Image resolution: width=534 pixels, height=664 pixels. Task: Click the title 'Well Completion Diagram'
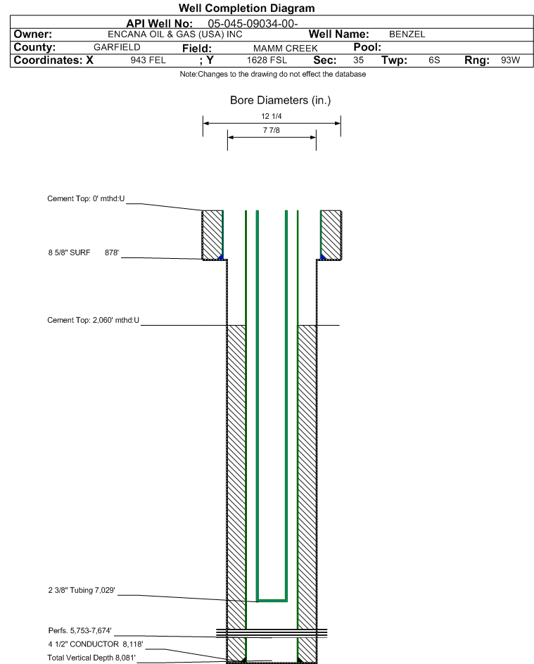[x=246, y=8]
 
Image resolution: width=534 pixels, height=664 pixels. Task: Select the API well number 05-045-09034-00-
[x=253, y=23]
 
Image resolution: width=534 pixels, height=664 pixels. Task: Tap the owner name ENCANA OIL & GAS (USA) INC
[x=175, y=34]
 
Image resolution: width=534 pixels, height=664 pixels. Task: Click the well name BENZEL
[x=407, y=34]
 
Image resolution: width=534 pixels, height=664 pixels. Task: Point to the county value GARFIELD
[x=117, y=47]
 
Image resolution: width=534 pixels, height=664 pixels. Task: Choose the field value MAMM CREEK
[x=285, y=49]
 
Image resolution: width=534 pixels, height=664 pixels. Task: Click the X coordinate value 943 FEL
[x=148, y=60]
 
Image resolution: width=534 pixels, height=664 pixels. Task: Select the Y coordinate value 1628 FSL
[x=267, y=60]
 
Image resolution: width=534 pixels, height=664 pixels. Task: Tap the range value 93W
[x=510, y=60]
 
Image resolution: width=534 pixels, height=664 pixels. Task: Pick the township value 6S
[x=434, y=60]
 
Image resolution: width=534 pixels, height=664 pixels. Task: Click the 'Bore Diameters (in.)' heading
[x=280, y=101]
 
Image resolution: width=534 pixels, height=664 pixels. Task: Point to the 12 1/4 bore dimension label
[x=272, y=116]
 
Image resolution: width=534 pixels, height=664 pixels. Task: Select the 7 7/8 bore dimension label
[x=272, y=130]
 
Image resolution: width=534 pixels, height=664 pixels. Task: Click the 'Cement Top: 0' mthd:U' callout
[x=86, y=198]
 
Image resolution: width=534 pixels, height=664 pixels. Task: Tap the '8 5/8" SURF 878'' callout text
[x=84, y=253]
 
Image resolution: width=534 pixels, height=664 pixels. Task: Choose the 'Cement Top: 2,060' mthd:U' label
[x=93, y=320]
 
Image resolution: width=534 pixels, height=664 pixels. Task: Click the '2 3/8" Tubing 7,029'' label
[x=82, y=590]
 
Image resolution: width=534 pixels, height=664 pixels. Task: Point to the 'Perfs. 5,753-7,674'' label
[x=80, y=630]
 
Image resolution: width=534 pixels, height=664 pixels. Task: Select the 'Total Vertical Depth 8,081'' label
[x=91, y=658]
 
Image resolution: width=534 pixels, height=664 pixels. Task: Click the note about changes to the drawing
[x=273, y=74]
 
